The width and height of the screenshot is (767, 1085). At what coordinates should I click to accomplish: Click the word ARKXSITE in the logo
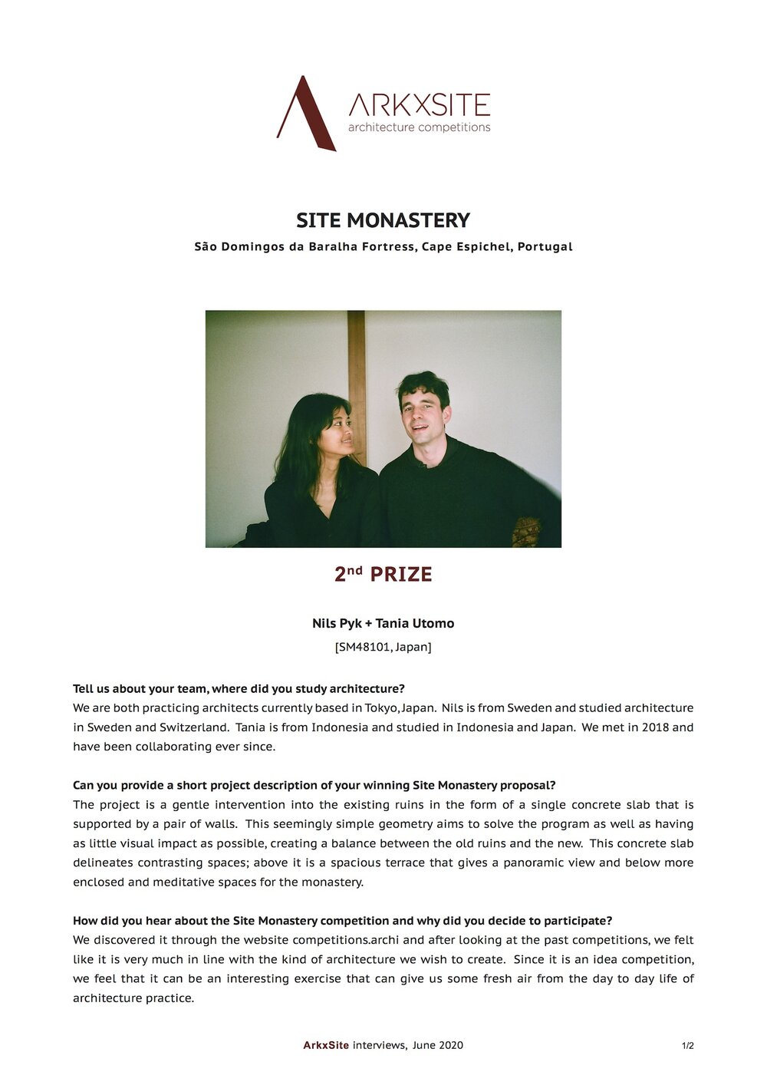coord(419,105)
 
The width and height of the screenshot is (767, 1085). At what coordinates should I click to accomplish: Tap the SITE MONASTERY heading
coord(383,220)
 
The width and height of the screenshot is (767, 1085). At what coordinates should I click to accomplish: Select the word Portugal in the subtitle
coord(545,247)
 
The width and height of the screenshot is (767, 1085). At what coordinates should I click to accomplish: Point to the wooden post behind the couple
coord(356,361)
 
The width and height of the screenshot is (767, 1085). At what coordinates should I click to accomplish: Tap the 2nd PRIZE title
coord(383,574)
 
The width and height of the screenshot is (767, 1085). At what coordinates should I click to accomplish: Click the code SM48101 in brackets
coord(364,647)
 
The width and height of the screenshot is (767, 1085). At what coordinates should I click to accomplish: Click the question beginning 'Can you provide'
coord(314,785)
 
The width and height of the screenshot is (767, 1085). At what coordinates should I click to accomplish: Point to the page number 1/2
coord(688,1045)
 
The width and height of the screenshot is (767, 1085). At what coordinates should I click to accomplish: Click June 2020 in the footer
coord(437,1045)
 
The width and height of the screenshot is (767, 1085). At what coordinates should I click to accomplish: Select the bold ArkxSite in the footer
coord(326,1045)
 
